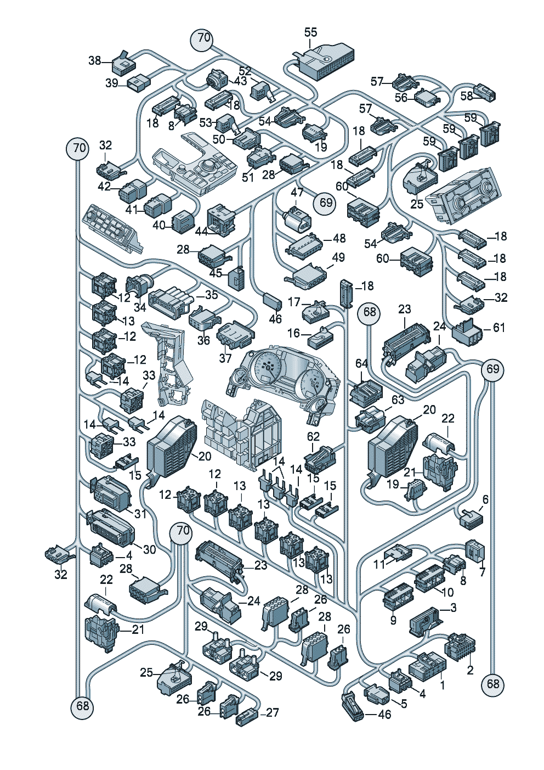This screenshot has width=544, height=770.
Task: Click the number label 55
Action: tap(310, 32)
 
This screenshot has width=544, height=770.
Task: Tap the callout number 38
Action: tap(95, 60)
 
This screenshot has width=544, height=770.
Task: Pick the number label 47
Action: tap(297, 193)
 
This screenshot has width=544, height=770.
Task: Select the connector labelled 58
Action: tap(486, 93)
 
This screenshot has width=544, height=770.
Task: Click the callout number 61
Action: tap(498, 328)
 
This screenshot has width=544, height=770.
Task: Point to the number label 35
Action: tap(211, 295)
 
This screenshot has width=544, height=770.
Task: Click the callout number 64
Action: tap(361, 364)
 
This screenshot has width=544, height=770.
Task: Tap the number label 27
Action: tap(273, 712)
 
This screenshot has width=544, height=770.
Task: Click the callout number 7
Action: tap(482, 572)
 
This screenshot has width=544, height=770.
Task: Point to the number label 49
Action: tap(338, 257)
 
